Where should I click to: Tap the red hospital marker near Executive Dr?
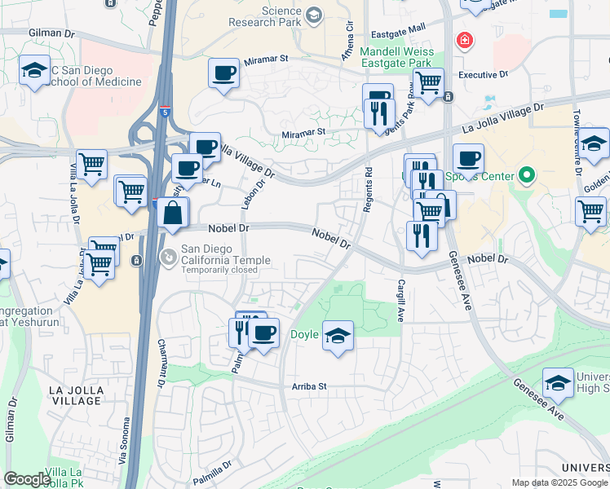coord(464,40)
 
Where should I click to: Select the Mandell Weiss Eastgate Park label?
coord(396,56)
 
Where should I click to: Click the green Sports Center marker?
coord(526,175)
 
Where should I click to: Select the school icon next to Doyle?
coord(337,336)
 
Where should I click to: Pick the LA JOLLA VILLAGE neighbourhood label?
coord(77,396)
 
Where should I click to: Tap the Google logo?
coord(26,479)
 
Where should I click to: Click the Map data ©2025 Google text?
coord(559,482)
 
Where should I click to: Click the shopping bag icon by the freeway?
coord(173,214)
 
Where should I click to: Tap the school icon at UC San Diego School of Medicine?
coord(34,69)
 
